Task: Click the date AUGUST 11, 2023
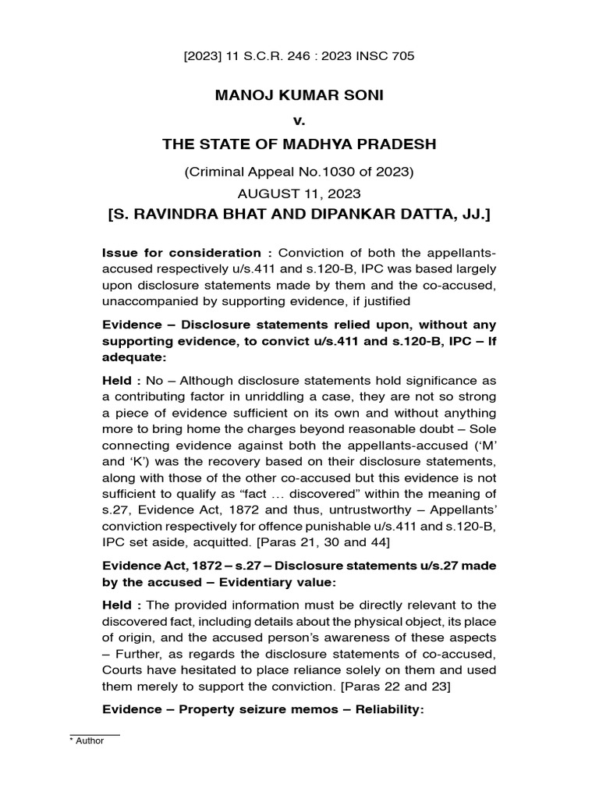(299, 193)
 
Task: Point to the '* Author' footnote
(87, 741)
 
